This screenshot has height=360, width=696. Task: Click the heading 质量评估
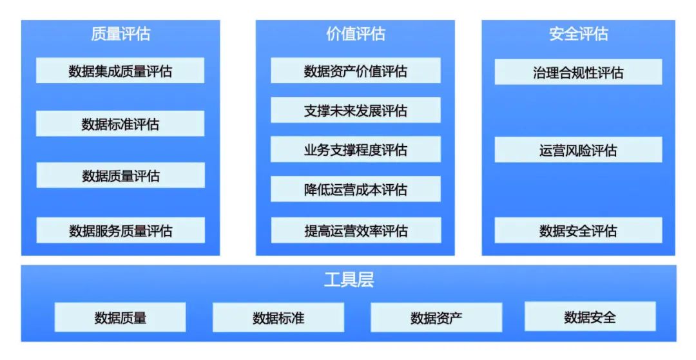pyautogui.click(x=121, y=34)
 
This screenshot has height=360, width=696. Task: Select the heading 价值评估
pyautogui.click(x=355, y=34)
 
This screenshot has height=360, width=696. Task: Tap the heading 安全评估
pyautogui.click(x=578, y=34)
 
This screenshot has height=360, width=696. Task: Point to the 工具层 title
pyautogui.click(x=349, y=280)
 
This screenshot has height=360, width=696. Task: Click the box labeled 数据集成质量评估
pyautogui.click(x=121, y=71)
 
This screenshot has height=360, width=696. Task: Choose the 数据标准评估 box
pyautogui.click(x=121, y=124)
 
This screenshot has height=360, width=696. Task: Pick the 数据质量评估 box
pyautogui.click(x=121, y=175)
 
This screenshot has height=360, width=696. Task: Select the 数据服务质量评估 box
pyautogui.click(x=121, y=230)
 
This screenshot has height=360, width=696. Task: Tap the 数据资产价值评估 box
pyautogui.click(x=355, y=71)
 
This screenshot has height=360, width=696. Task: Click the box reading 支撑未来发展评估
pyautogui.click(x=355, y=110)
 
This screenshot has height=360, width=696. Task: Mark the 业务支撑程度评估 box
pyautogui.click(x=355, y=149)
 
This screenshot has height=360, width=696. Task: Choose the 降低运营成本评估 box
pyautogui.click(x=355, y=189)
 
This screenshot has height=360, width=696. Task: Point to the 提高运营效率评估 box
pyautogui.click(x=355, y=230)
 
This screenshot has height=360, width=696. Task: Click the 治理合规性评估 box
pyautogui.click(x=578, y=72)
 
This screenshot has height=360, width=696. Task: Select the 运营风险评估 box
pyautogui.click(x=578, y=150)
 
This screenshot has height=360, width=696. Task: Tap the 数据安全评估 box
pyautogui.click(x=578, y=230)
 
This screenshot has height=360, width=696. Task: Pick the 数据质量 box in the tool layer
pyautogui.click(x=121, y=317)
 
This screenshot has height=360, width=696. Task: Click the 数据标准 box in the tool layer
pyautogui.click(x=278, y=317)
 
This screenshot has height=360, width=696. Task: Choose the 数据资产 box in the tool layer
pyautogui.click(x=436, y=317)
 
